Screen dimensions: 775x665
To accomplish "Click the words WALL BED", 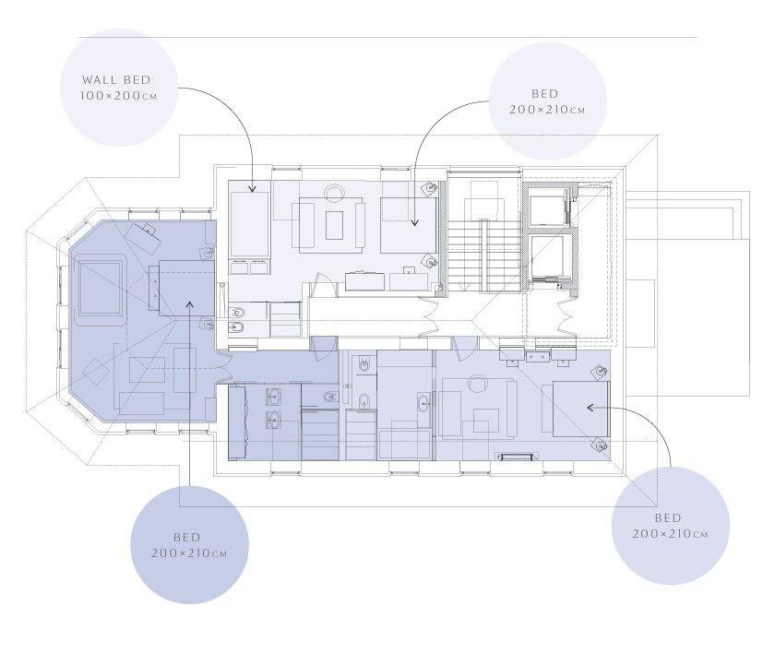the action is click(x=116, y=79).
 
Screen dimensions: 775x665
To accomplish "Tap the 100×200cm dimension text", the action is click(x=119, y=95).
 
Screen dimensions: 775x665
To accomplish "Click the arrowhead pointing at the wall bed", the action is click(x=252, y=189).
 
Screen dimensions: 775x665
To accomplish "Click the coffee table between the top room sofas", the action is click(x=335, y=225).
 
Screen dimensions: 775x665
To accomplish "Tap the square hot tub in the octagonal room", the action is click(x=101, y=287).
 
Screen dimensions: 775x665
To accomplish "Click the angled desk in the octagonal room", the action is click(x=143, y=237).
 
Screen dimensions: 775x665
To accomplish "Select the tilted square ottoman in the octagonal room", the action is click(x=95, y=370).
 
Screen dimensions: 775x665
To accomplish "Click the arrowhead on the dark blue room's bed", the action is click(x=189, y=303).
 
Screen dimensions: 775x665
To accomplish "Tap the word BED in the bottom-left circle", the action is click(x=186, y=537).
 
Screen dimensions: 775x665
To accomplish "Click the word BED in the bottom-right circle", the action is click(x=668, y=517).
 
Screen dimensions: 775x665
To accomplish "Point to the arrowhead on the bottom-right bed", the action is click(x=590, y=408).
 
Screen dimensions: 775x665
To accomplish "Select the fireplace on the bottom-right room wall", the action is click(x=517, y=457).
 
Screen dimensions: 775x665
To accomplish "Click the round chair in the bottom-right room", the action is click(x=478, y=384).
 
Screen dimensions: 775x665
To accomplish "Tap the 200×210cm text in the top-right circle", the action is click(x=546, y=109).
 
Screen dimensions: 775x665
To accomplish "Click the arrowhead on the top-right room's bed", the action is click(x=414, y=222).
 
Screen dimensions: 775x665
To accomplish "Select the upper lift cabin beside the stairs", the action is click(x=546, y=206).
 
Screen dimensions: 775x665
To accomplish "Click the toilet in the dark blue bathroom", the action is click(x=328, y=397).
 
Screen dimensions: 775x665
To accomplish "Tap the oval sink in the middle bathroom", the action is click(x=423, y=403).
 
